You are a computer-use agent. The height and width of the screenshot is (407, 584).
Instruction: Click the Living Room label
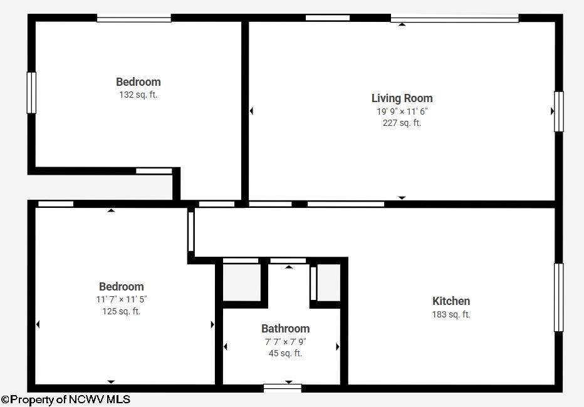coord(402,98)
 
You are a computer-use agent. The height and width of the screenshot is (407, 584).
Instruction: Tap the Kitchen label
coord(451,301)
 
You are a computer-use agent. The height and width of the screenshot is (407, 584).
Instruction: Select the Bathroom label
coord(285,329)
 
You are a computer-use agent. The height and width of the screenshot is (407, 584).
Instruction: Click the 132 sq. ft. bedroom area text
coord(138,95)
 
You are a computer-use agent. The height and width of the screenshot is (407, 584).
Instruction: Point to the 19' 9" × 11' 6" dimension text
coord(402,111)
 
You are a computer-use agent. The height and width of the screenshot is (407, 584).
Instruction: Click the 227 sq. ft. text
coord(402,123)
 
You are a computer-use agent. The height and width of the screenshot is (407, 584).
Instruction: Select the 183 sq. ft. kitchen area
coord(451,314)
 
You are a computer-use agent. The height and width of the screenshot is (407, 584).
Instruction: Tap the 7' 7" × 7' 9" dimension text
coord(285,341)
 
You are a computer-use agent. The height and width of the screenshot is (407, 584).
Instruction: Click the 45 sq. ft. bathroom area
coord(285,353)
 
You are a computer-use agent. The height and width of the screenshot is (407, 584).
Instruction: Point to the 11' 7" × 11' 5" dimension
coord(122,299)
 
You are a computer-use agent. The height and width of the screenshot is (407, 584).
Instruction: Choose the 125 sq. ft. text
coord(122,311)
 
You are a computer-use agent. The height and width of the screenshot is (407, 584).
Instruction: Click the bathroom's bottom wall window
coord(283,388)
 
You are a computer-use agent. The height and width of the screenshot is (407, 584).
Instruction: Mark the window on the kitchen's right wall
coord(559,297)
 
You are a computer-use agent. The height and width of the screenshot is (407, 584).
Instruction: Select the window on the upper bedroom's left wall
coord(32,93)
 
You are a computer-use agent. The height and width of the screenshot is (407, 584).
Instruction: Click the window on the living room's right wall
coord(559,111)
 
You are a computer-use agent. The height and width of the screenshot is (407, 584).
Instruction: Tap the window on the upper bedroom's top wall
coord(134,18)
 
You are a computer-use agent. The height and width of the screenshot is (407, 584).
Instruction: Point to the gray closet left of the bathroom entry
coord(241,282)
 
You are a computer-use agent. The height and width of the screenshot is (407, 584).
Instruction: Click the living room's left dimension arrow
coord(251,110)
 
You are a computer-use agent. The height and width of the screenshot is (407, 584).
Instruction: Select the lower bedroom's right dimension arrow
coord(212,324)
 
